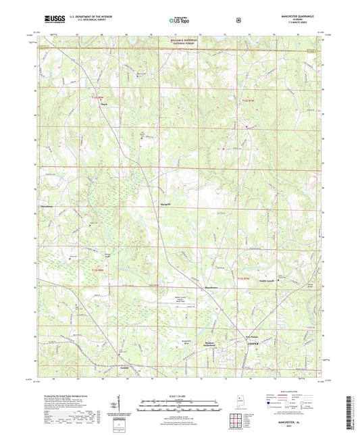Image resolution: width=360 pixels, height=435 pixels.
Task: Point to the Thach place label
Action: (x=104, y=104)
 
